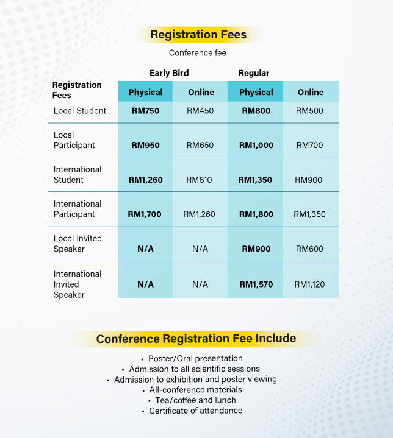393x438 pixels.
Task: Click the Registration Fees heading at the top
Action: coord(198,35)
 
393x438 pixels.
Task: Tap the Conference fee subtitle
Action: coord(198,53)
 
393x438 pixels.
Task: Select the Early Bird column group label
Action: coord(168,73)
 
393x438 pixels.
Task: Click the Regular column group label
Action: coord(254,73)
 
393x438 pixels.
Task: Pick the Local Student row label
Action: coord(80,111)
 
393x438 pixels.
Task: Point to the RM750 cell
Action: coord(145,111)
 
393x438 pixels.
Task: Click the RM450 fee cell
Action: coord(200,111)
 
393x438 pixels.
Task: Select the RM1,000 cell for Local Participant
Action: coord(256,145)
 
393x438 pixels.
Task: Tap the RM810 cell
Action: coord(200,180)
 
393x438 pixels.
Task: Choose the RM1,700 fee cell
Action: coord(145,214)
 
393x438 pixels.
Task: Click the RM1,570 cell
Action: coord(256,284)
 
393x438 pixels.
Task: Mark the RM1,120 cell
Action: coord(310,284)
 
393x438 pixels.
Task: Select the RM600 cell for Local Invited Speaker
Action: coord(310,249)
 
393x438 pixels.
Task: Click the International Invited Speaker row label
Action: coord(78,284)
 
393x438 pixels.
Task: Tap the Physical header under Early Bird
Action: coord(145,92)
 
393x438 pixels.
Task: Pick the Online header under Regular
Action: coord(310,92)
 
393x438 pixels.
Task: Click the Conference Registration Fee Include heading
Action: coord(196,339)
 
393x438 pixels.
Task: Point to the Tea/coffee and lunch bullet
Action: coord(195,400)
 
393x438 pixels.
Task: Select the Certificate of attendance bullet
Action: coord(195,411)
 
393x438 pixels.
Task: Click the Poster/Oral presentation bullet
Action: coord(195,358)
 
